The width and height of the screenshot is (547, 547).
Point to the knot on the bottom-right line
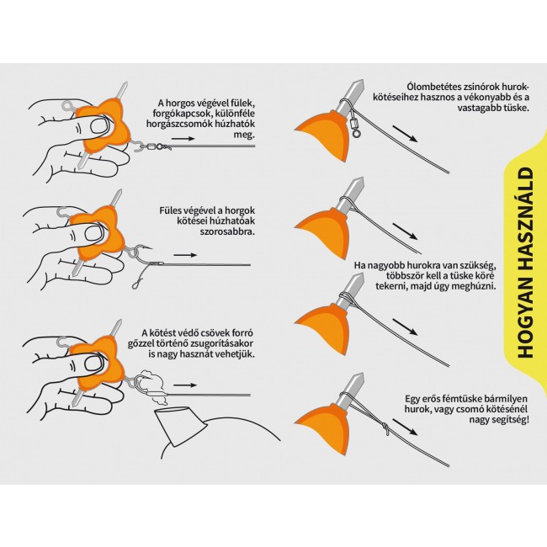coord(385,428)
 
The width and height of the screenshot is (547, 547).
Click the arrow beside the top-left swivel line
coord(183,139)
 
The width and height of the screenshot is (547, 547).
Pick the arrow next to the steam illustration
coord(185,385)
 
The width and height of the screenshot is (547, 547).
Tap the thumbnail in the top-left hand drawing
coord(101,125)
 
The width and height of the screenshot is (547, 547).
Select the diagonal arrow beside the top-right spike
coord(405,134)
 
